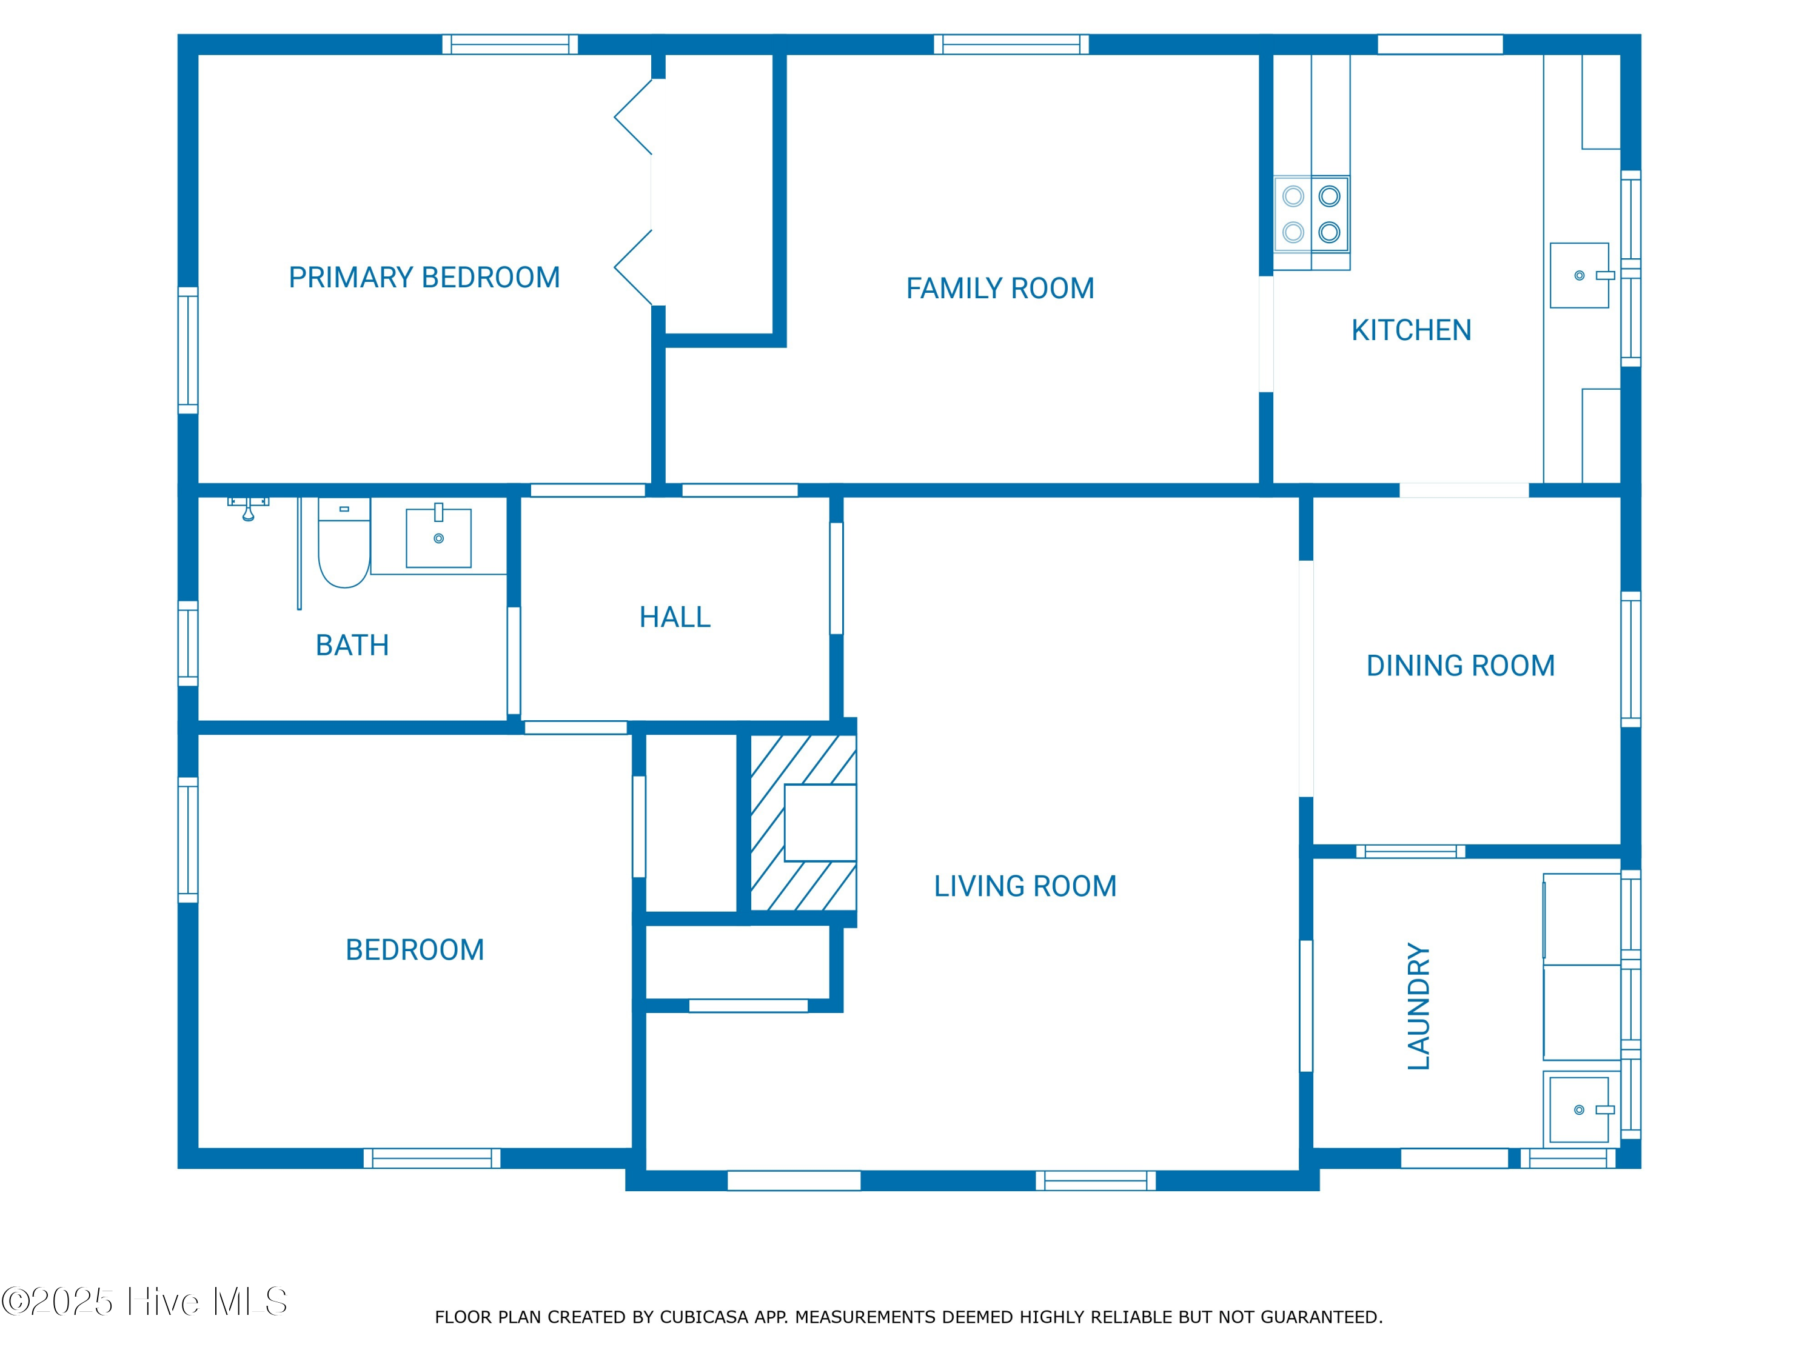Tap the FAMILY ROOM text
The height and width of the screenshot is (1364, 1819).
pyautogui.click(x=999, y=289)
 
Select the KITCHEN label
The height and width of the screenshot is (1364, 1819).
pyautogui.click(x=1410, y=330)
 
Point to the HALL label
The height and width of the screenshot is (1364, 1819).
pyautogui.click(x=674, y=618)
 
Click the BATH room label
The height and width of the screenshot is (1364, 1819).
pyautogui.click(x=352, y=646)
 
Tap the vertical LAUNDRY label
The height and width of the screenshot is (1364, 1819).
pyautogui.click(x=1419, y=1006)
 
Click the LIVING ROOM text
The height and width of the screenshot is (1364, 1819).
pyautogui.click(x=1024, y=886)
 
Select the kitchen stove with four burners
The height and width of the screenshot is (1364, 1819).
pyautogui.click(x=1311, y=214)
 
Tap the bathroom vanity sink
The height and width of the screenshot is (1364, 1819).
pyautogui.click(x=438, y=538)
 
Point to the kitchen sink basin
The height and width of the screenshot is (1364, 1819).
pyautogui.click(x=1579, y=275)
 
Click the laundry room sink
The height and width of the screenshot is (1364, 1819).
pyautogui.click(x=1579, y=1110)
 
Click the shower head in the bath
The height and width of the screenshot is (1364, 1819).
pyautogui.click(x=247, y=510)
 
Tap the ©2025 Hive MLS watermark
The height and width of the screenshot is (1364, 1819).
pyautogui.click(x=144, y=1302)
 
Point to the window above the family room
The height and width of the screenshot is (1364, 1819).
pyautogui.click(x=1011, y=44)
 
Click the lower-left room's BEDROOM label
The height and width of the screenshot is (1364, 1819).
pyautogui.click(x=415, y=951)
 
